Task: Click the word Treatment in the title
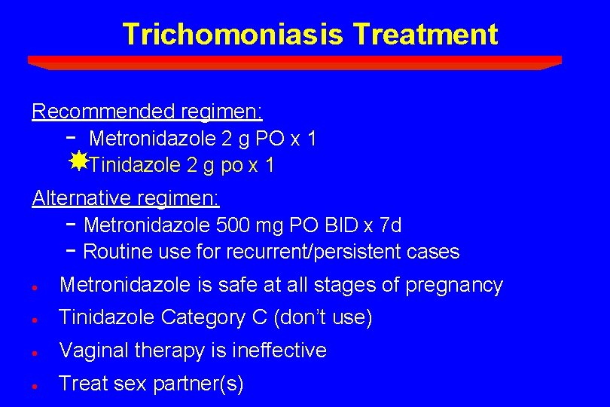pyautogui.click(x=425, y=35)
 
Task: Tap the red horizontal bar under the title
pyautogui.click(x=294, y=62)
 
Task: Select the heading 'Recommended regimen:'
pyautogui.click(x=148, y=112)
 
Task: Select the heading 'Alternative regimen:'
pyautogui.click(x=126, y=199)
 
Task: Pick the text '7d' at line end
pyautogui.click(x=390, y=225)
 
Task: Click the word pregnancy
pyautogui.click(x=454, y=286)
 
